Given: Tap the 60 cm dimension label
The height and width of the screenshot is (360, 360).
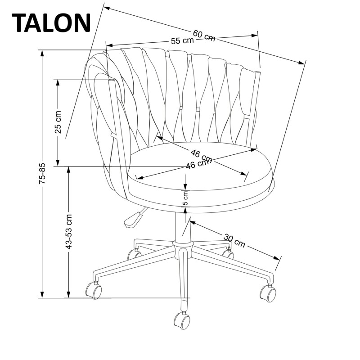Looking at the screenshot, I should pyautogui.click(x=204, y=35).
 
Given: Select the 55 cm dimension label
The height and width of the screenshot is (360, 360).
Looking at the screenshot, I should pyautogui.click(x=182, y=40).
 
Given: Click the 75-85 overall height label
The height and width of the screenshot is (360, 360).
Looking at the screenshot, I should pyautogui.click(x=42, y=174).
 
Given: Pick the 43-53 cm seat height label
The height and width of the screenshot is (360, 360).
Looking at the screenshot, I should pyautogui.click(x=68, y=232).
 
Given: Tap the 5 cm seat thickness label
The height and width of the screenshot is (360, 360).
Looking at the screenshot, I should pyautogui.click(x=185, y=197).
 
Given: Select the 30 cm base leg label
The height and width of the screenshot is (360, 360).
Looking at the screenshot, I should pyautogui.click(x=234, y=240).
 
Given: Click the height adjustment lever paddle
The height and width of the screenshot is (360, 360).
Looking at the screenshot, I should pyautogui.click(x=132, y=219).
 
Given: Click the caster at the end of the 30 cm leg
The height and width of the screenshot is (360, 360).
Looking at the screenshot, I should pyautogui.click(x=268, y=293).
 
